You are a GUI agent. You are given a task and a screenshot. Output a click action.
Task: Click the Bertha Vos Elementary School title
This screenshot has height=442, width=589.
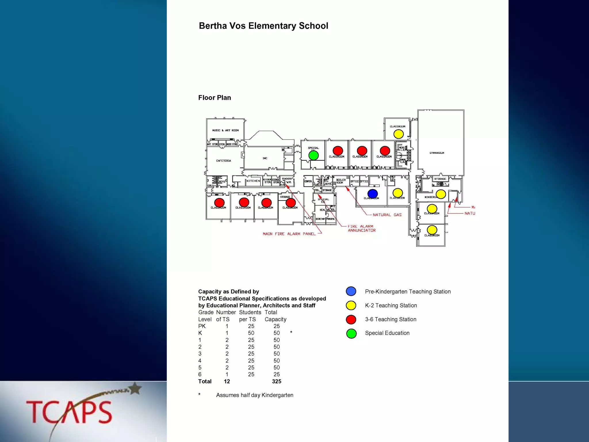click(x=263, y=26)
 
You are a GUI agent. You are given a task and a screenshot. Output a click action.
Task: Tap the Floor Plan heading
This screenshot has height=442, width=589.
click(x=215, y=98)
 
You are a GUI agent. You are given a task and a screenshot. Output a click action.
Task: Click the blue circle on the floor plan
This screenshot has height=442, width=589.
click(x=372, y=194)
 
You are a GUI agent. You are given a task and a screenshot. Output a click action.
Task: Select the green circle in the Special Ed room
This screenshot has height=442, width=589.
click(x=313, y=155)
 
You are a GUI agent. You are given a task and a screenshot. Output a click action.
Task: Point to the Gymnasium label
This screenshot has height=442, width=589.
click(x=437, y=153)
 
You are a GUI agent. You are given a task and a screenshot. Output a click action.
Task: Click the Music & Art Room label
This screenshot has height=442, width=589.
click(x=225, y=130)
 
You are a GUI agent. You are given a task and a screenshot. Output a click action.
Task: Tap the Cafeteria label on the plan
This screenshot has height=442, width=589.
click(x=223, y=161)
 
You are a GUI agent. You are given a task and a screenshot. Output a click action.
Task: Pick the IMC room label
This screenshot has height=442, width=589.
click(x=265, y=158)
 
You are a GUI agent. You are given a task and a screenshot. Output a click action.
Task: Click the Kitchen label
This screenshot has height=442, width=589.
click(x=253, y=181)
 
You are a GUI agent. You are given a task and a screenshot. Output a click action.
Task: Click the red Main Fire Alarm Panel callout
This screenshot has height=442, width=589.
click(x=289, y=234)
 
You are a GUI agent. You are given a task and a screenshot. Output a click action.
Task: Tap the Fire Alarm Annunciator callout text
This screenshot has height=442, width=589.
click(x=362, y=228)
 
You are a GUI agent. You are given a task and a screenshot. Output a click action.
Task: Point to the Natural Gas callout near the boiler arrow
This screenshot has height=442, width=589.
click(x=387, y=215)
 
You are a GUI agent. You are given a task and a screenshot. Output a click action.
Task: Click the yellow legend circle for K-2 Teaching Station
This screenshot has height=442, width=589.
click(x=351, y=306)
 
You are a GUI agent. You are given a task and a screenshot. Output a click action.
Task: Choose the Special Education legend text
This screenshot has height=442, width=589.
click(x=387, y=333)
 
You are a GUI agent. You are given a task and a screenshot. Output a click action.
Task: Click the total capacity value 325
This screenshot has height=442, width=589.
click(x=276, y=382)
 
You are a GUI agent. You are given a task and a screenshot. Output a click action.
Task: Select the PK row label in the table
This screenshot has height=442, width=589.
click(x=202, y=326)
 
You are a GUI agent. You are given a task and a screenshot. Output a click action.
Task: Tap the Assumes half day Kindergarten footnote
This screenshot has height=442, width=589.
click(x=255, y=395)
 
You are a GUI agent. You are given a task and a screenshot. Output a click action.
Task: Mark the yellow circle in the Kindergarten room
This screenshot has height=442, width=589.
click(x=441, y=194)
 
